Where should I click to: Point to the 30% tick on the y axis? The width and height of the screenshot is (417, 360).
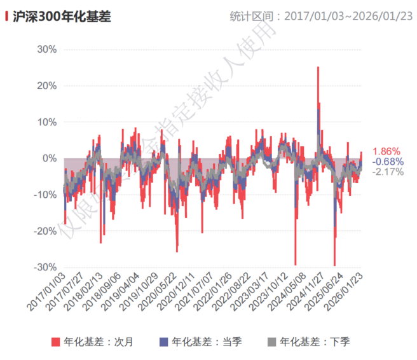[48, 50]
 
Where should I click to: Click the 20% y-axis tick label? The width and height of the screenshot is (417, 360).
[48, 86]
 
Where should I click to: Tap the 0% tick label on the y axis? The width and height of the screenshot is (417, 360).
[51, 158]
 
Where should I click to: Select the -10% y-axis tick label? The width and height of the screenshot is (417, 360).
[46, 195]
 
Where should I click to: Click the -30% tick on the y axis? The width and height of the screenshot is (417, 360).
[46, 267]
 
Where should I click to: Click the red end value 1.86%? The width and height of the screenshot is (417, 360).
[386, 151]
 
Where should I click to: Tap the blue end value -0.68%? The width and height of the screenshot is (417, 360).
[388, 162]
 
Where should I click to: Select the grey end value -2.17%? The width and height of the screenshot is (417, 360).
[388, 172]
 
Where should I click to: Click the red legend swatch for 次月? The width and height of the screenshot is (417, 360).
[55, 342]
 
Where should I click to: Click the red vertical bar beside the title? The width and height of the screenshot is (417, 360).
[6, 17]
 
